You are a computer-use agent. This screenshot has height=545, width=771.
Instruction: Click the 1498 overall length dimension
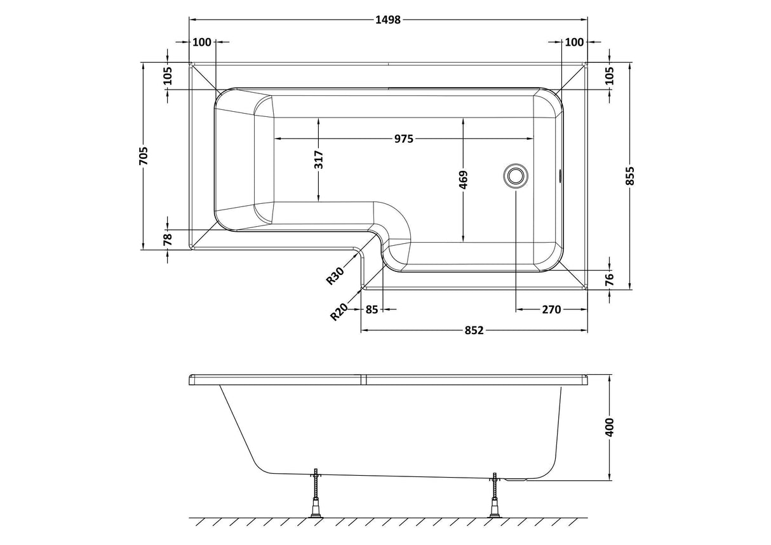click(388, 20)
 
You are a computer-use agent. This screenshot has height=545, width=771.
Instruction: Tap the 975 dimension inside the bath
click(403, 138)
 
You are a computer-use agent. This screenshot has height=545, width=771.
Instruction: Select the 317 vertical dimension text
click(319, 159)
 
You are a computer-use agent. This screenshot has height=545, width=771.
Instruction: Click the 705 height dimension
click(144, 156)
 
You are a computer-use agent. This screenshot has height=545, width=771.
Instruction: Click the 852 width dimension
click(474, 330)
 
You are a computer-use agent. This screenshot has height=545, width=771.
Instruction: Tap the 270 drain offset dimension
click(551, 309)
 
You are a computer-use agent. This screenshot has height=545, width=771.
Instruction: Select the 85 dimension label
click(372, 309)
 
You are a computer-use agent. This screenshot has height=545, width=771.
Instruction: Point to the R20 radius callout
click(339, 312)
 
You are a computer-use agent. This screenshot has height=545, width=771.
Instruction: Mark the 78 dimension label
click(168, 239)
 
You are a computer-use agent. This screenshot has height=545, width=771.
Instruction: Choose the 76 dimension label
click(610, 279)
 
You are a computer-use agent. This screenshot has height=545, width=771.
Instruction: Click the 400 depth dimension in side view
click(610, 427)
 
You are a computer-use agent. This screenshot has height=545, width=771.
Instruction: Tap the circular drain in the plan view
click(515, 176)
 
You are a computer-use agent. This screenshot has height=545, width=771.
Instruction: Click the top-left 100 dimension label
click(201, 43)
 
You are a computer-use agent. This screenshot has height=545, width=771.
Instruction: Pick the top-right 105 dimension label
click(610, 76)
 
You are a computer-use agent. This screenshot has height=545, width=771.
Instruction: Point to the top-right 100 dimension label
click(573, 43)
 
